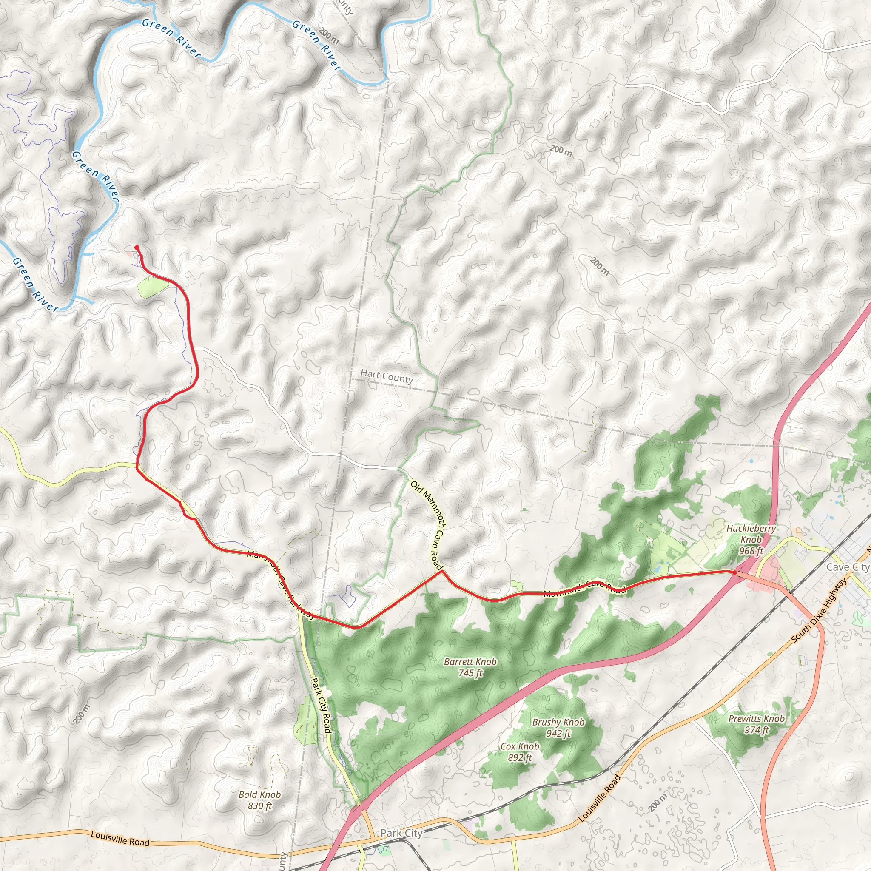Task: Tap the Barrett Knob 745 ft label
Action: coord(470,667)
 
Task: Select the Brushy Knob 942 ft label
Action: coord(558,728)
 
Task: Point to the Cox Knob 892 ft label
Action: coord(520,752)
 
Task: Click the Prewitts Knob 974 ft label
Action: coord(757,724)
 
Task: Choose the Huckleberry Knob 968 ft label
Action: coord(751,539)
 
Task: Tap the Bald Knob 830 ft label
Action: coord(260,800)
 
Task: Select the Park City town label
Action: coord(401,833)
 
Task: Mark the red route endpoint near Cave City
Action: coord(734,572)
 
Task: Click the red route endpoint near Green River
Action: coord(137,247)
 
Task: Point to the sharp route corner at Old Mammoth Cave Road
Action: coord(442,571)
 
